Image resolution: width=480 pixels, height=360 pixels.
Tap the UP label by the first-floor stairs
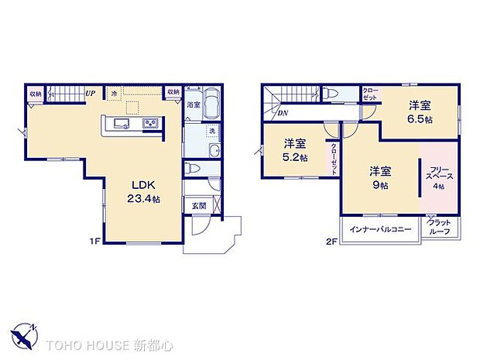[x=91, y=93]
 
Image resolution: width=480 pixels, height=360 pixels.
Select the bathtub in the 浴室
[x=213, y=103]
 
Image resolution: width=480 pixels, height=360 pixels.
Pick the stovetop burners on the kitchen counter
[x=150, y=124]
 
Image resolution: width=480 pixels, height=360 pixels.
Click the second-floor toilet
[x=331, y=93]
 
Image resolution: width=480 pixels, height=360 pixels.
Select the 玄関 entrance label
[x=198, y=206]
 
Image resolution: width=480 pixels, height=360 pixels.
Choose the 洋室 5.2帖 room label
[x=294, y=150]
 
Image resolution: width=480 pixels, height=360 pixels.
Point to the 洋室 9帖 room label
[x=379, y=177]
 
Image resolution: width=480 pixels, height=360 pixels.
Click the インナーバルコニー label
[x=380, y=229]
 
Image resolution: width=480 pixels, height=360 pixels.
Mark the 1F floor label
[x=94, y=242]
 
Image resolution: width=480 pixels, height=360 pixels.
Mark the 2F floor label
[x=332, y=242]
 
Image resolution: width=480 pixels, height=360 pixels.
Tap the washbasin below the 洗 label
[x=214, y=150]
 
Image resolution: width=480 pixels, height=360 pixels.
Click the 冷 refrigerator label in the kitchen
[x=113, y=93]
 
